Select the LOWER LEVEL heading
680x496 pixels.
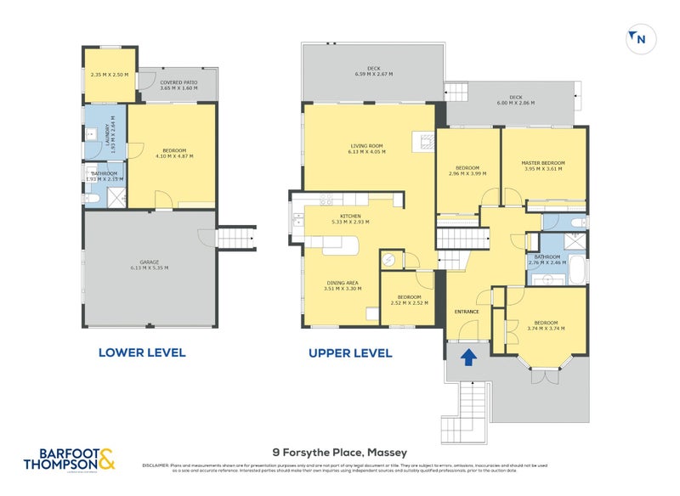pyautogui.click(x=142, y=352)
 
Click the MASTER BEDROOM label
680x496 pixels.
pyautogui.click(x=543, y=162)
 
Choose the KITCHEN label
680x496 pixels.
pyautogui.click(x=350, y=217)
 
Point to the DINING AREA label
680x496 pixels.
pyautogui.click(x=343, y=282)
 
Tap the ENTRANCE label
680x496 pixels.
pyautogui.click(x=467, y=312)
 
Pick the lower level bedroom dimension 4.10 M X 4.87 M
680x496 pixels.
pyautogui.click(x=173, y=157)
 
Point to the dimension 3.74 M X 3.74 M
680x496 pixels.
pyautogui.click(x=545, y=329)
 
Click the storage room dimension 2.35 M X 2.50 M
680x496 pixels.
pyautogui.click(x=110, y=75)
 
